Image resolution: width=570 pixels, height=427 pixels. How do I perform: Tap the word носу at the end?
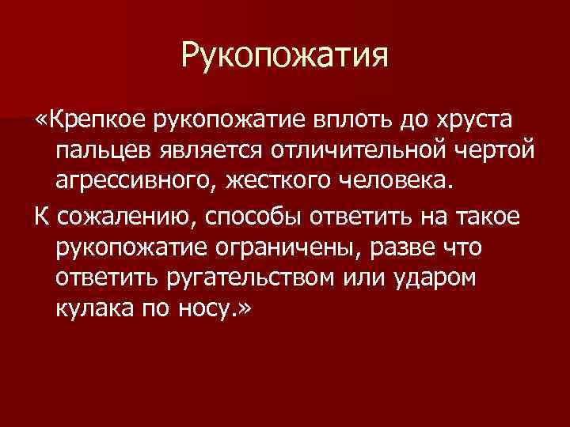209,310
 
